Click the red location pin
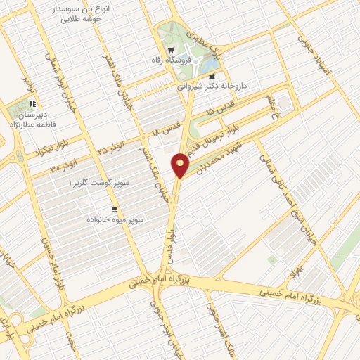[x=181, y=165]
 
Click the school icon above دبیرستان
[x=32, y=103]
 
